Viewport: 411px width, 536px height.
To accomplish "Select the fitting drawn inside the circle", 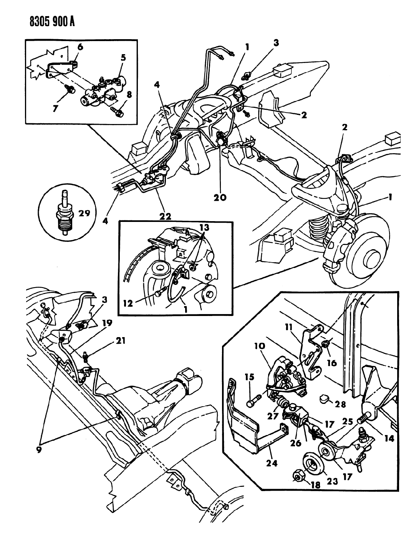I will (x=63, y=213).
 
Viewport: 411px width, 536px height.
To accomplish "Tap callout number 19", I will (x=107, y=323).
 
